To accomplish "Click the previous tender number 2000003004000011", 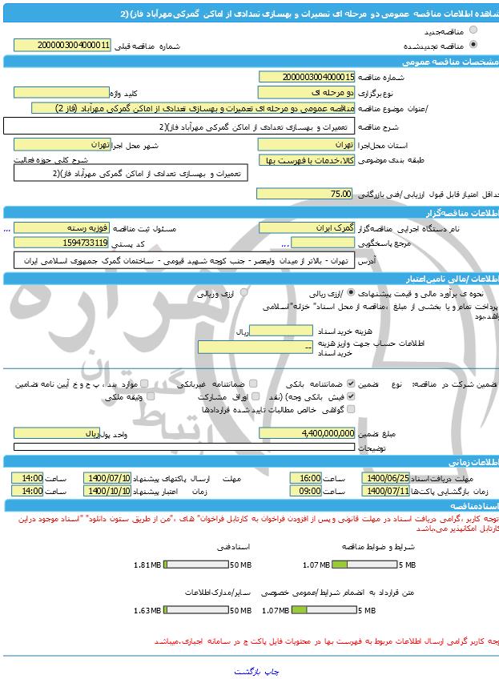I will click(63, 46).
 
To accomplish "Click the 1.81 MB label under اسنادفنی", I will click(148, 564).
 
